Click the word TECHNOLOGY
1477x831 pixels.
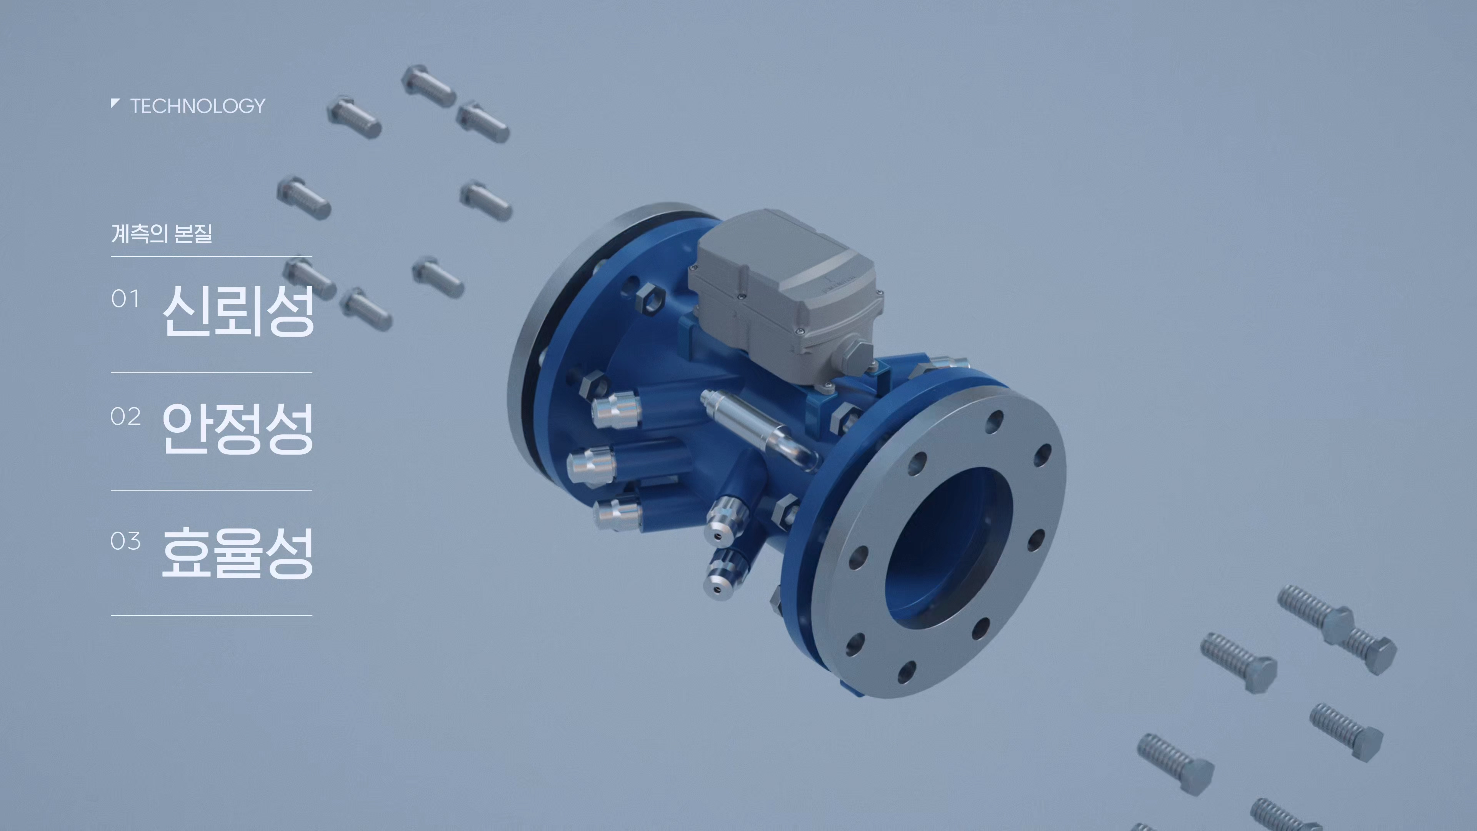click(198, 106)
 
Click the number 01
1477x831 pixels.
click(125, 299)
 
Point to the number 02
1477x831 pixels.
click(125, 417)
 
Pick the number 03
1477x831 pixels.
click(125, 541)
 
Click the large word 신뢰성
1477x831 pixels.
click(238, 310)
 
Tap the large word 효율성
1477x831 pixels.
click(238, 552)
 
